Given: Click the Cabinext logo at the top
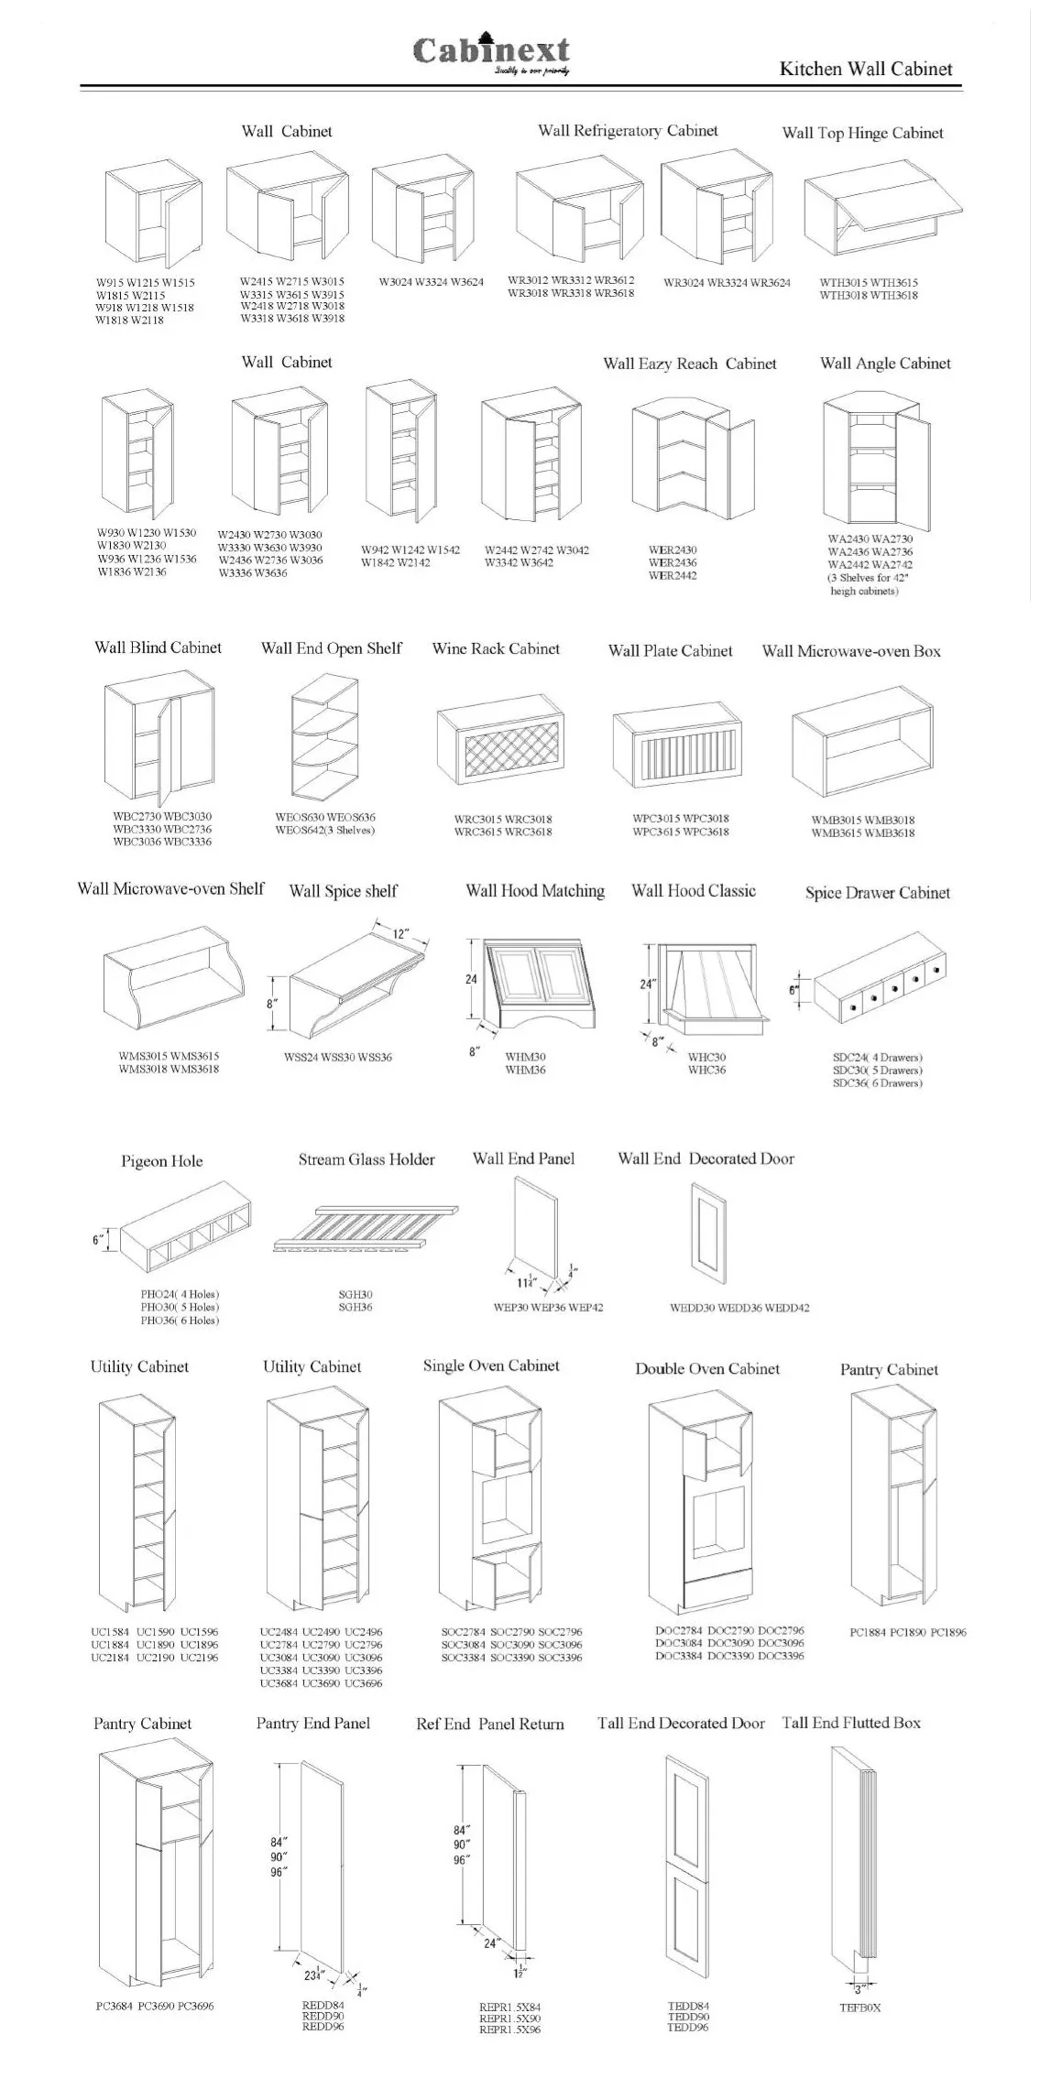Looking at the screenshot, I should (x=491, y=53).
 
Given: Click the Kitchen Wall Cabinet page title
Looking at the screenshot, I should (x=865, y=69).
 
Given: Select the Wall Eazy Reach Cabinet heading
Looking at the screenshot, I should (x=689, y=364).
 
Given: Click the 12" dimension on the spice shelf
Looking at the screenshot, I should (x=401, y=934).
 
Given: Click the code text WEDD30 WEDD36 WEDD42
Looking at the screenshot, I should (x=739, y=1308).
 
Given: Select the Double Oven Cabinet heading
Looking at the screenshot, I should (x=707, y=1368).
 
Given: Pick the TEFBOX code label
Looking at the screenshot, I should (x=859, y=2007).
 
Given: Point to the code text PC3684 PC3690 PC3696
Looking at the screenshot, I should (x=155, y=2006).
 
